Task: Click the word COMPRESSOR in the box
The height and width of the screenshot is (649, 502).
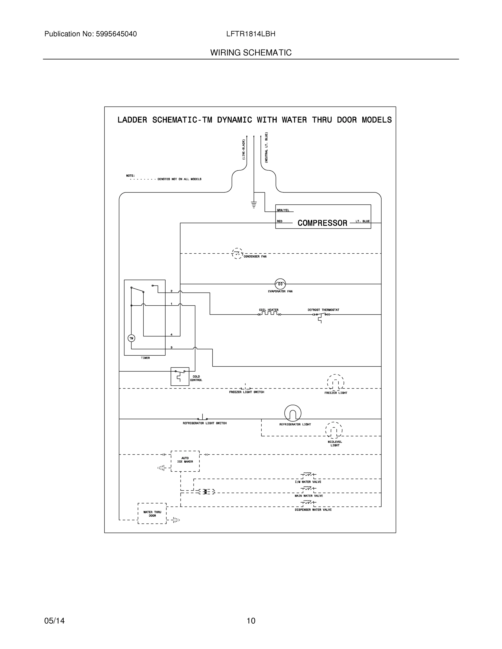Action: click(x=322, y=223)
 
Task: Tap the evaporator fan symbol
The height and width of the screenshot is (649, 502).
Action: click(x=280, y=284)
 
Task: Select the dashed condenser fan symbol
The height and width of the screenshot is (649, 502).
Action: click(x=237, y=253)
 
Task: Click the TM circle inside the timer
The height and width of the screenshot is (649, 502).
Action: click(x=131, y=338)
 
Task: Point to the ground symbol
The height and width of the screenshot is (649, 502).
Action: click(x=254, y=205)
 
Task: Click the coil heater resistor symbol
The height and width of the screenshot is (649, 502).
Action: click(x=269, y=314)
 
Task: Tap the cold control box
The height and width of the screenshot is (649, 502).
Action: click(x=180, y=376)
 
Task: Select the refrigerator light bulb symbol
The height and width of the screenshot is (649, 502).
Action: click(x=293, y=413)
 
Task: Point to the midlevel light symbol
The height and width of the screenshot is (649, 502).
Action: click(x=334, y=430)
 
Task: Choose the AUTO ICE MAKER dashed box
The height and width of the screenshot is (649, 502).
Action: click(x=185, y=461)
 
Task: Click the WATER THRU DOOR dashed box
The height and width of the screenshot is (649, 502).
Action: click(x=152, y=514)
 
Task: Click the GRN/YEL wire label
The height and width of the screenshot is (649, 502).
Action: click(x=283, y=210)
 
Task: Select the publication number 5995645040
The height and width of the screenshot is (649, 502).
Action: click(x=116, y=34)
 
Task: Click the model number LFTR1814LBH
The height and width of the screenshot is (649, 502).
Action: click(x=251, y=34)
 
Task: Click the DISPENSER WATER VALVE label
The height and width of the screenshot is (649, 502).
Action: click(x=313, y=510)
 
